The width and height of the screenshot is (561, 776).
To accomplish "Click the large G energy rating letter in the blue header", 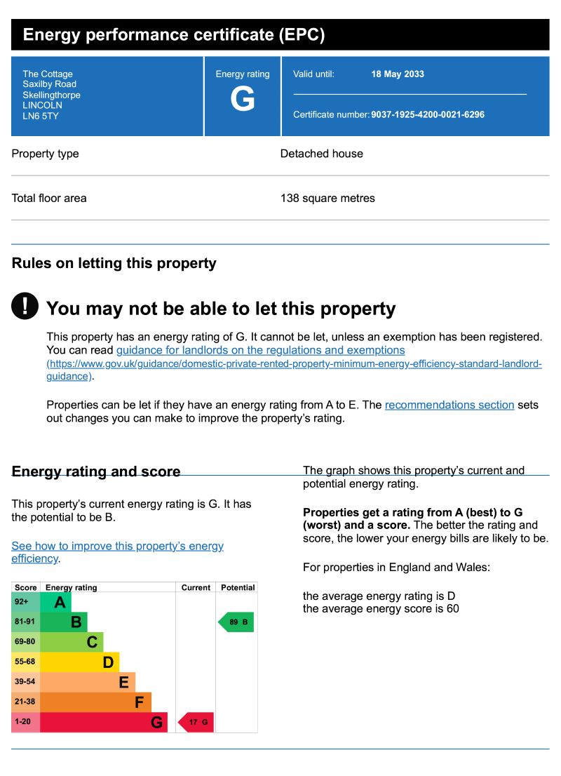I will click(x=243, y=100).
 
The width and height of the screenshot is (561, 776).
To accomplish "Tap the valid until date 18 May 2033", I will click(x=397, y=74).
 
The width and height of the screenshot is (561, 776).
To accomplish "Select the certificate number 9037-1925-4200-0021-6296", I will click(x=427, y=114).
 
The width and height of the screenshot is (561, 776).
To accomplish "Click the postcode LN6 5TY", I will click(x=41, y=116).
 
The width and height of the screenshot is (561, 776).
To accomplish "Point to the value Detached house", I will click(x=321, y=154).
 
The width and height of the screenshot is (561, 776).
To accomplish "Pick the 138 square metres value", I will click(x=327, y=198).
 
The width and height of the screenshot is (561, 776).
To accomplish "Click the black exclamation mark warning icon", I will click(x=25, y=306).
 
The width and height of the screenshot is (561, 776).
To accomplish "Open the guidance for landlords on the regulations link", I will click(x=260, y=350).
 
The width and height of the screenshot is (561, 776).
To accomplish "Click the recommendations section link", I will click(x=450, y=405).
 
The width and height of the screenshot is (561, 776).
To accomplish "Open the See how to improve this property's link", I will click(x=117, y=546).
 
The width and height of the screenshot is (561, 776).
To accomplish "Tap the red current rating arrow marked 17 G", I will click(x=196, y=722).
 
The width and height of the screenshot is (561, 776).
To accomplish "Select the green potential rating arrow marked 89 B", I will click(x=236, y=622).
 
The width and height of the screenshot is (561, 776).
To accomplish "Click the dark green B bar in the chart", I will click(x=64, y=622).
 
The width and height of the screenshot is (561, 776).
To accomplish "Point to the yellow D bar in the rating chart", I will click(x=79, y=662).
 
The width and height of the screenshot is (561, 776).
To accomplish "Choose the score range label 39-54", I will click(x=25, y=681).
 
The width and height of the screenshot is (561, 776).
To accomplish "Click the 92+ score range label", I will click(x=22, y=602).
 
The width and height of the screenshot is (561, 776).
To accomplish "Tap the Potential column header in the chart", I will click(x=237, y=587).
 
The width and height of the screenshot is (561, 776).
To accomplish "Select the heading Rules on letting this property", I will click(x=114, y=263).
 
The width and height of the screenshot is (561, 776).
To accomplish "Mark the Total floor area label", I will click(x=49, y=198).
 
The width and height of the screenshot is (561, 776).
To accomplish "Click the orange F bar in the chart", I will click(x=95, y=702).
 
